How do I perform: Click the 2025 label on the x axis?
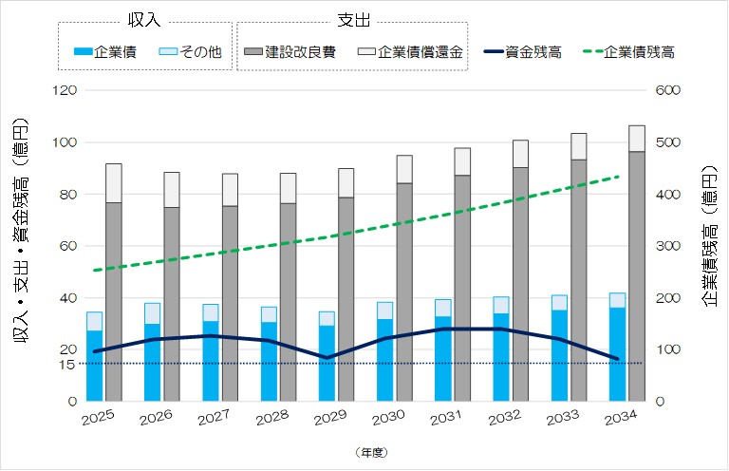[x=98, y=419]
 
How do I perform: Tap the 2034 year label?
[x=622, y=419]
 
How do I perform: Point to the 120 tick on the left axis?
[x=66, y=91]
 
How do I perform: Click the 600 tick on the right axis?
[x=669, y=91]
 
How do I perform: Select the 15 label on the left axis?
[x=66, y=364]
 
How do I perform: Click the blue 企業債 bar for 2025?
[x=94, y=366]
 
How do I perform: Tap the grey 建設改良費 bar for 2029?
[x=346, y=299]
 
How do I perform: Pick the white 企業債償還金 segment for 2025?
[x=114, y=183]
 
